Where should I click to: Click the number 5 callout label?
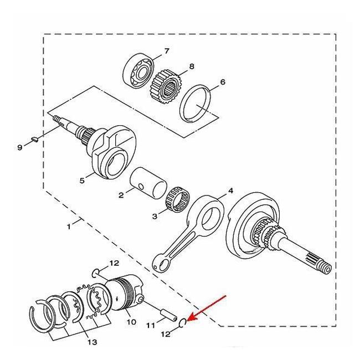point(83,180)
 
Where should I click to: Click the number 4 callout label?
point(230,191)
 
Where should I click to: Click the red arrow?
point(207,308)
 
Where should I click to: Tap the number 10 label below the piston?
point(131,321)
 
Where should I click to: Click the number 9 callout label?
point(20,147)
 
